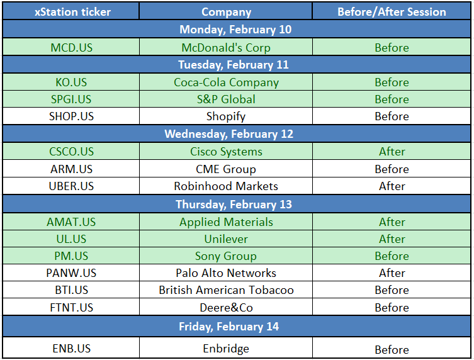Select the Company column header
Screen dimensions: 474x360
(x=226, y=12)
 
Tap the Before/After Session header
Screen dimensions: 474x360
(x=392, y=12)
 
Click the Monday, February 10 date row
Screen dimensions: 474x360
(x=235, y=30)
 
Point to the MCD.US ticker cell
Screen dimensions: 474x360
(x=71, y=47)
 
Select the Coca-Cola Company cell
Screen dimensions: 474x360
(x=226, y=82)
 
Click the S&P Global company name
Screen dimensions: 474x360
(x=226, y=99)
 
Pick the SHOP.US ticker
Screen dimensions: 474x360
(x=71, y=116)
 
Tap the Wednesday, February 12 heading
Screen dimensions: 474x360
(x=229, y=134)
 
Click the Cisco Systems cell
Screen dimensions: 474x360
(x=226, y=152)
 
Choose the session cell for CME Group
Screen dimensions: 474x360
(x=392, y=169)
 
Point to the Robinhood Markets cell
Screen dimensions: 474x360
(x=226, y=186)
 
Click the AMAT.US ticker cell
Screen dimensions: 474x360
(x=71, y=222)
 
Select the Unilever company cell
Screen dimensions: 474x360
(x=226, y=239)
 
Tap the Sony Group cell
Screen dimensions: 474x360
(x=226, y=256)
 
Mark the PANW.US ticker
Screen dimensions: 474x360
(x=71, y=273)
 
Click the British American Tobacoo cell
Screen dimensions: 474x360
(x=226, y=290)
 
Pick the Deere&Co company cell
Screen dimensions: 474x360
(x=226, y=307)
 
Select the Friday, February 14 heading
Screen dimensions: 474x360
(x=229, y=327)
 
